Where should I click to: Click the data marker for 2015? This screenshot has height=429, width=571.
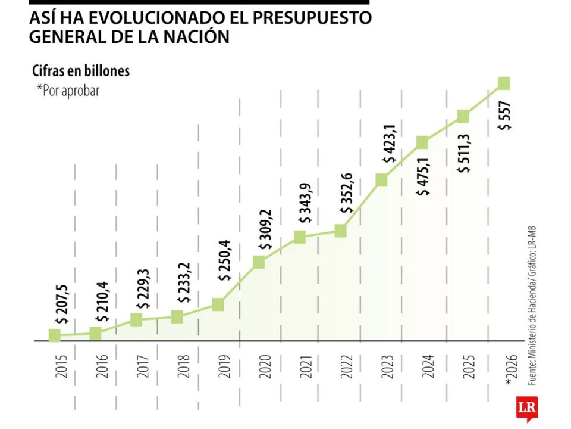click(x=55, y=335)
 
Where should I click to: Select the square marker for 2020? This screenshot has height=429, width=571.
click(x=259, y=262)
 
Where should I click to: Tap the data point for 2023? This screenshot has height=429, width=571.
click(x=381, y=180)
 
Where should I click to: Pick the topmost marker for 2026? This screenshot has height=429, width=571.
click(x=503, y=83)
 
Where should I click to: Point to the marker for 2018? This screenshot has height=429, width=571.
click(x=177, y=316)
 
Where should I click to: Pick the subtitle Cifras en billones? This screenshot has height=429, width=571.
click(x=81, y=71)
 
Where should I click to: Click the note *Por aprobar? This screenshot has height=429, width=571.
click(x=68, y=91)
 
